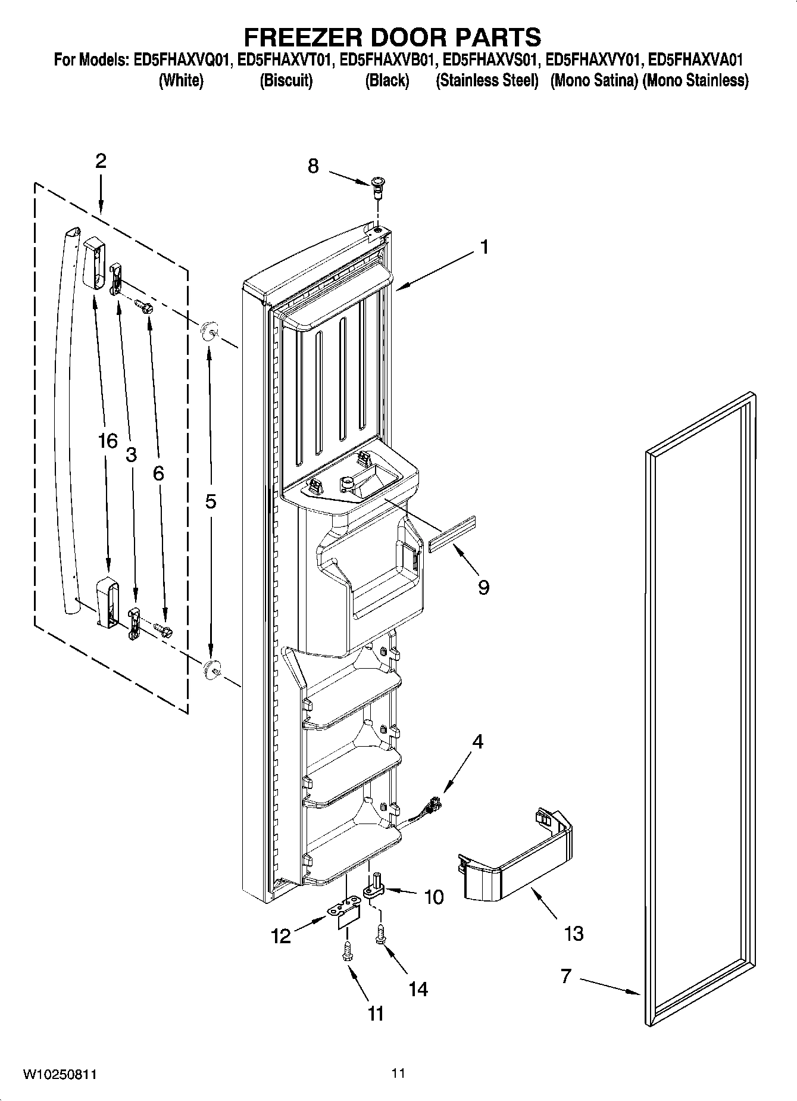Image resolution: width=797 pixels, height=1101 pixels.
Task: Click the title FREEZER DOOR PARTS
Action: (x=393, y=37)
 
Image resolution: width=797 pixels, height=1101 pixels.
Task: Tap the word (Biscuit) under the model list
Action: (x=286, y=80)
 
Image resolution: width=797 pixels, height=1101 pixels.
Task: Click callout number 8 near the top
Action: (x=313, y=166)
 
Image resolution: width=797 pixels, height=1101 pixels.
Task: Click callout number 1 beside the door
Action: (x=485, y=246)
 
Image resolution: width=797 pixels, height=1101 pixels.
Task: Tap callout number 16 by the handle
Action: (x=108, y=441)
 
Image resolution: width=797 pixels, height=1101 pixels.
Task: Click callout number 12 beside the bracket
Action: (x=280, y=936)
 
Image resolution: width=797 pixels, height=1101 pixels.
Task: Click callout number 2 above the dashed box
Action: (x=101, y=161)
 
